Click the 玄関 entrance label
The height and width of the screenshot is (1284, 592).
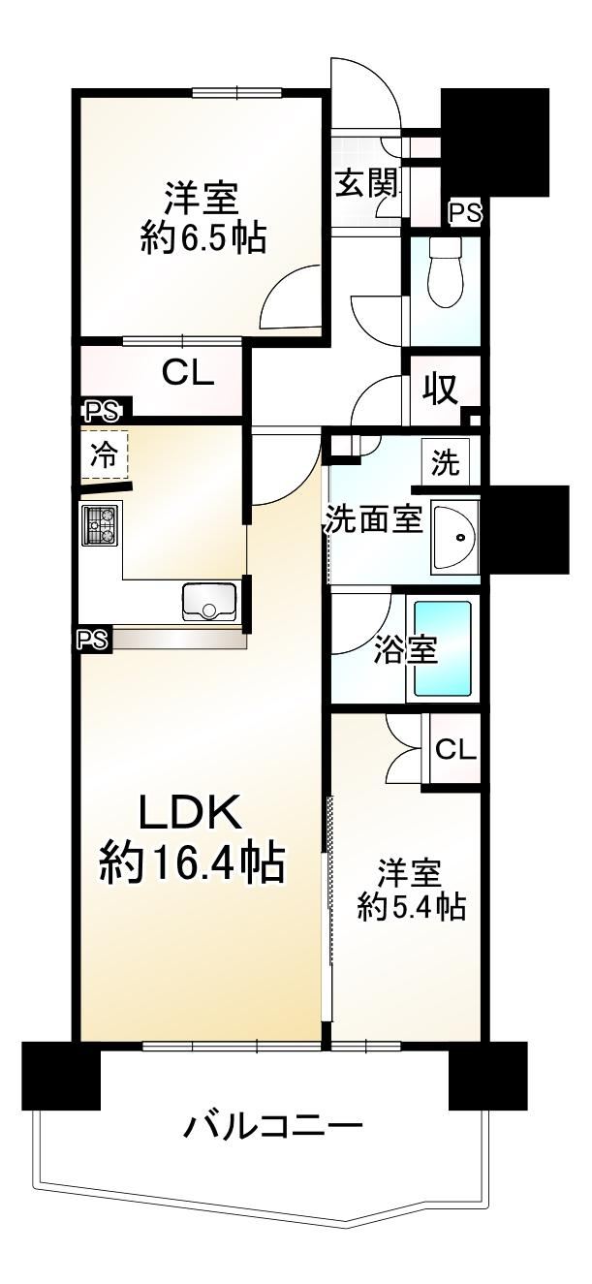367,184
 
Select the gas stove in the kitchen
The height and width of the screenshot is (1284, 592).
102,525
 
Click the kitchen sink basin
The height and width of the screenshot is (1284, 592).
209,602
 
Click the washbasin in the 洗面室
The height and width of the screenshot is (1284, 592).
455,537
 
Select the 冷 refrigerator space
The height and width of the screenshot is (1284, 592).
104,455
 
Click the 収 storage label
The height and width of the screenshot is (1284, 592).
440,390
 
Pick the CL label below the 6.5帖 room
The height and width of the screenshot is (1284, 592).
187,375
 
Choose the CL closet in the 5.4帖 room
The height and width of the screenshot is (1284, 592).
455,750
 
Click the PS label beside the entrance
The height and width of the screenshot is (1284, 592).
465,213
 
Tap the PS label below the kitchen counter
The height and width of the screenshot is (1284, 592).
93,639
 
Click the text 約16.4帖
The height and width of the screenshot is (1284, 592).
192,863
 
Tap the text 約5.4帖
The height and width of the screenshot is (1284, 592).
411,906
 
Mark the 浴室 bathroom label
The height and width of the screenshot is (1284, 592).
406,650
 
